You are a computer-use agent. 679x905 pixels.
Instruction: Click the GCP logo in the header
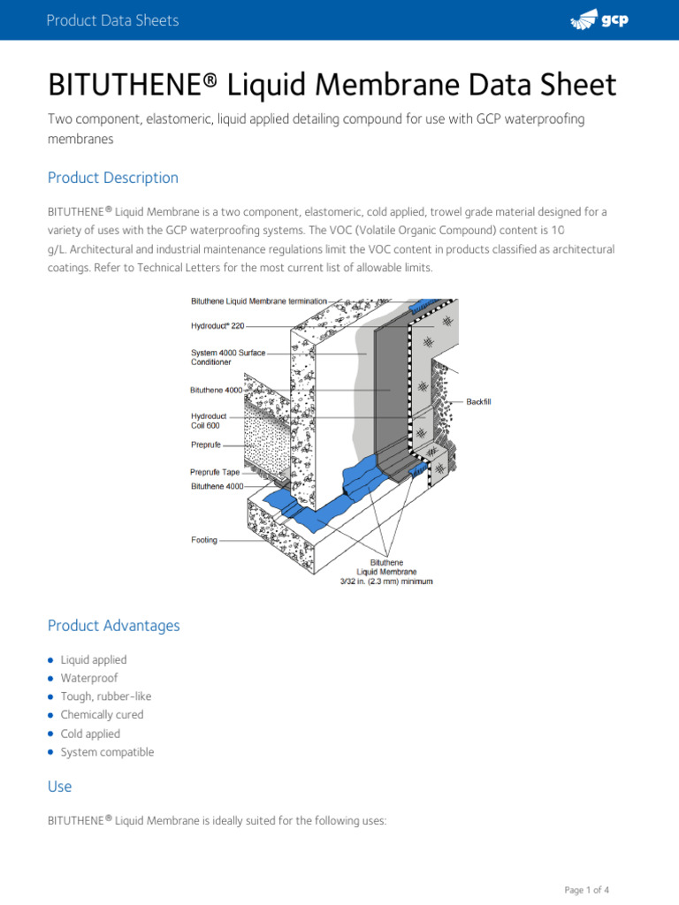599,20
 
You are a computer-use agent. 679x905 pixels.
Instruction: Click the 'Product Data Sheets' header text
113,20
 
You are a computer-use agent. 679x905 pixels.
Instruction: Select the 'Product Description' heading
113,178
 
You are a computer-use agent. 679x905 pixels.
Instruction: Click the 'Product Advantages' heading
113,626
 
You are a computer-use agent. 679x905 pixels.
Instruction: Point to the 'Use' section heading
60,787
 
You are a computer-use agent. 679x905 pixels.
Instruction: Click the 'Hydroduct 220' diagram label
217,325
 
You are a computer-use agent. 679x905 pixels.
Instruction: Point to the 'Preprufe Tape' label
215,472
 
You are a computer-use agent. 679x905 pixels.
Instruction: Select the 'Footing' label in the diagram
204,540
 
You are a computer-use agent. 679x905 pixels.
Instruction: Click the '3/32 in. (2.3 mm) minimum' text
386,582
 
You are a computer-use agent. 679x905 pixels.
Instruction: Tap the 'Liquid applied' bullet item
93,660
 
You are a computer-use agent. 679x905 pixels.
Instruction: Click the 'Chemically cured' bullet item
102,715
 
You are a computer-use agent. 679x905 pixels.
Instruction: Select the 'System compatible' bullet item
107,752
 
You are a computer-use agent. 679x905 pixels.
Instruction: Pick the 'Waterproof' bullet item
88,678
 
